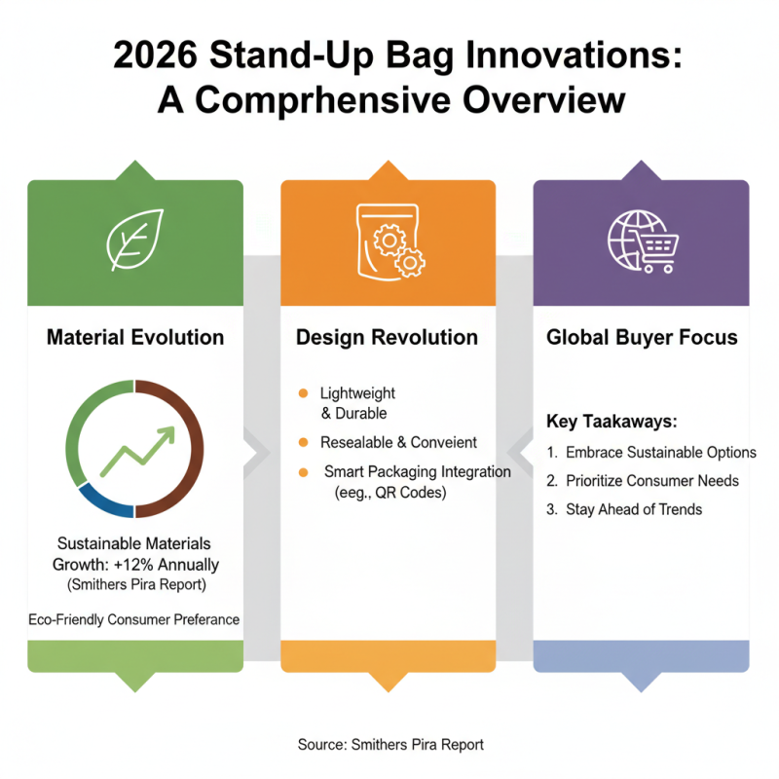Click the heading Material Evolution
click(135, 338)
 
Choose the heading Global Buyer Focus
click(641, 338)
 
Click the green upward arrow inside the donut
click(139, 450)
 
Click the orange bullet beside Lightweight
click(302, 393)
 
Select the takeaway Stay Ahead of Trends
click(633, 509)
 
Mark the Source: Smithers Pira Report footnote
click(389, 745)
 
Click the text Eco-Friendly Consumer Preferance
click(135, 619)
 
